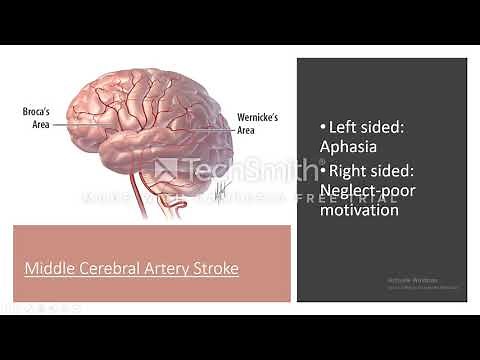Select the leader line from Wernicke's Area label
(x=217, y=126)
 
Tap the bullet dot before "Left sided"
(x=323, y=128)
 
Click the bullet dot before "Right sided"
(x=323, y=170)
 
